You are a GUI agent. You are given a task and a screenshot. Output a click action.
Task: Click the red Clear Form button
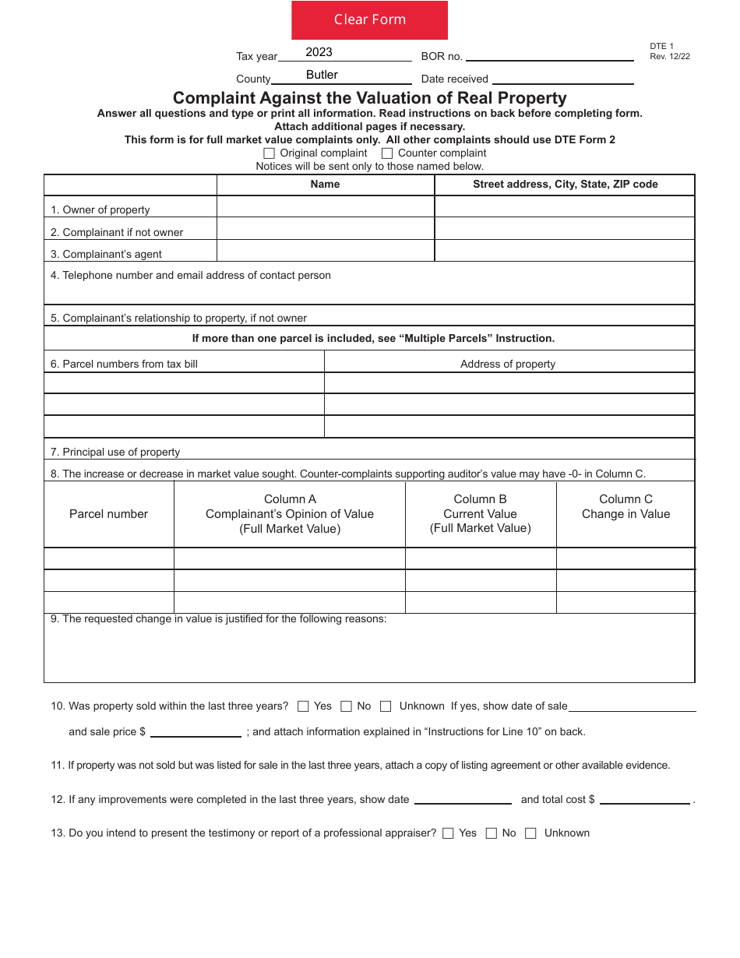pyautogui.click(x=369, y=20)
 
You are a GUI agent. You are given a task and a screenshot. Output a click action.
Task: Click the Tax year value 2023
pyautogui.click(x=319, y=52)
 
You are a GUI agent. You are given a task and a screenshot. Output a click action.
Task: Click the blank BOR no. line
pyautogui.click(x=549, y=55)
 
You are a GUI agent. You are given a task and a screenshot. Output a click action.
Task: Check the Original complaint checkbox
pyautogui.click(x=270, y=153)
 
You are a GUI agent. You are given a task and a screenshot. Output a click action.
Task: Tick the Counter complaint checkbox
pyautogui.click(x=387, y=153)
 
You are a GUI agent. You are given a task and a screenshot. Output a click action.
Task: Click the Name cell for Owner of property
pyautogui.click(x=325, y=207)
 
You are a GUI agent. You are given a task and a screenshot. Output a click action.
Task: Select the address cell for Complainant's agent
pyautogui.click(x=564, y=251)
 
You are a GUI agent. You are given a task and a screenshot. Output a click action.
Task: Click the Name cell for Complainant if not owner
pyautogui.click(x=325, y=229)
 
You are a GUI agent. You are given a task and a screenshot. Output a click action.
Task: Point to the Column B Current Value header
pyautogui.click(x=481, y=514)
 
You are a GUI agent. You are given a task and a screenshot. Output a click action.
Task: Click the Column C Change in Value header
pyautogui.click(x=625, y=507)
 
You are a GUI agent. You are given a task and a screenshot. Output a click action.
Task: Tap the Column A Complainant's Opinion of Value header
pyautogui.click(x=290, y=514)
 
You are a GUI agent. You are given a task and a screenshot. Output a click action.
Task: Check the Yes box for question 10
pyautogui.click(x=303, y=706)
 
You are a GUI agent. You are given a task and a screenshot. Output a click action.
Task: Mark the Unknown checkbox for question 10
pyautogui.click(x=386, y=706)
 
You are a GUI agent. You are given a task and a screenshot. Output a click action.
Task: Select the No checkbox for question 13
pyautogui.click(x=491, y=833)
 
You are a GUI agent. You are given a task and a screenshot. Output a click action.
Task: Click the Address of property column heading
pyautogui.click(x=508, y=364)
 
